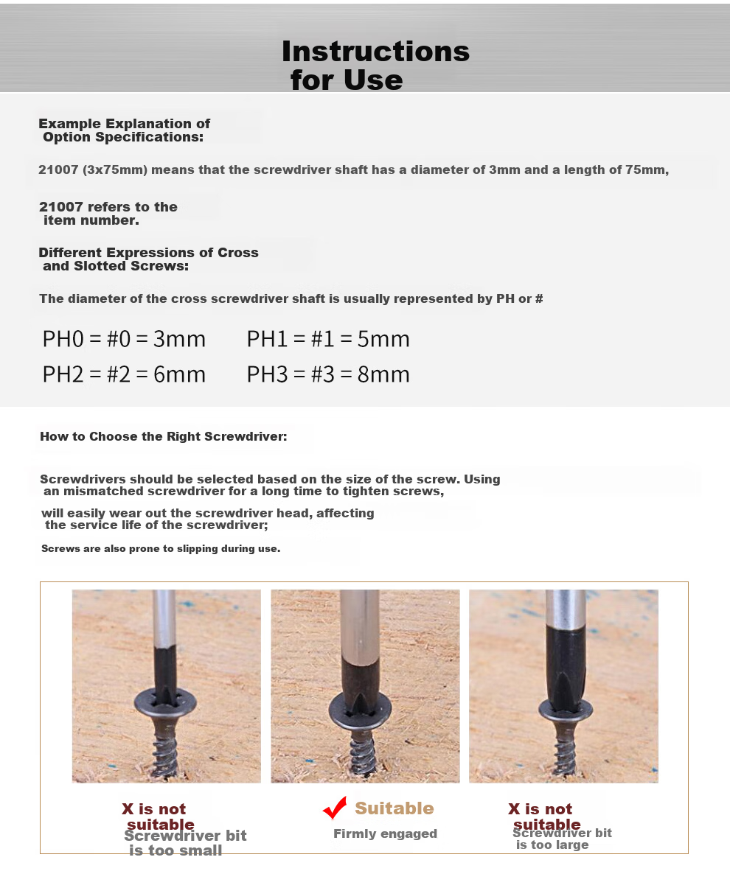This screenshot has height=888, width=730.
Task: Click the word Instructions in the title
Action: click(375, 52)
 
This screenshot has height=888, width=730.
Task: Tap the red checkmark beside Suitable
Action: click(335, 807)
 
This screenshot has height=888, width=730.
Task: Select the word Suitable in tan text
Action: click(394, 808)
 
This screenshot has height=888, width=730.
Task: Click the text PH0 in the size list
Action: click(63, 338)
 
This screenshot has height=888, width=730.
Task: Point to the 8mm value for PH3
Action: click(383, 374)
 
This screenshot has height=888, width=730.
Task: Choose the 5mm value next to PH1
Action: click(383, 338)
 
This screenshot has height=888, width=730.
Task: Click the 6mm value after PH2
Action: click(179, 374)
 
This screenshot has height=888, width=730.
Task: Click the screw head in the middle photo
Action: click(360, 712)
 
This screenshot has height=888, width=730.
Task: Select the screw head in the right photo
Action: click(566, 710)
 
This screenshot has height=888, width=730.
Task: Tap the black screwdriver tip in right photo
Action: click(566, 665)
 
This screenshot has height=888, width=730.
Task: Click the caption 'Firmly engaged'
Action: click(385, 833)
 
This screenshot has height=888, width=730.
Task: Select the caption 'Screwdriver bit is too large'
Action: click(562, 839)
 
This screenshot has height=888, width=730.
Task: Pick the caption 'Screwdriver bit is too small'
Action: click(185, 843)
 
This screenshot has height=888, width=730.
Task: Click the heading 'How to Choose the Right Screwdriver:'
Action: click(164, 436)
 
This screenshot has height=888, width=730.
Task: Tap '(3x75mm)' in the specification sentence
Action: click(115, 169)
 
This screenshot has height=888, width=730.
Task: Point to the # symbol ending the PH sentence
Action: click(539, 298)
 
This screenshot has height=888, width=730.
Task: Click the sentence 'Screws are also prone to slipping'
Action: click(161, 548)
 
